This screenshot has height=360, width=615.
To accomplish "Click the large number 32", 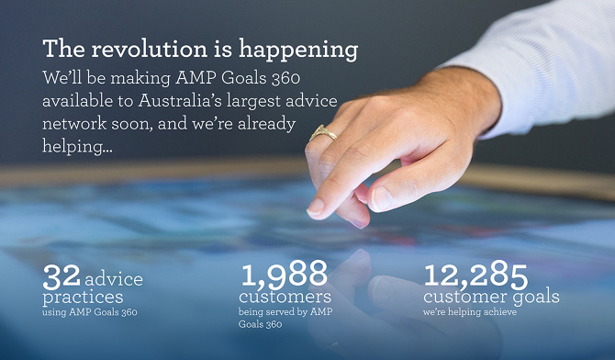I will tap(61, 276).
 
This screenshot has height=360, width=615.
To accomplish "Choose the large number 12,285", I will tap(475, 274).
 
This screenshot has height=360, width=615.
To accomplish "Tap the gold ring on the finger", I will tap(322, 134).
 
